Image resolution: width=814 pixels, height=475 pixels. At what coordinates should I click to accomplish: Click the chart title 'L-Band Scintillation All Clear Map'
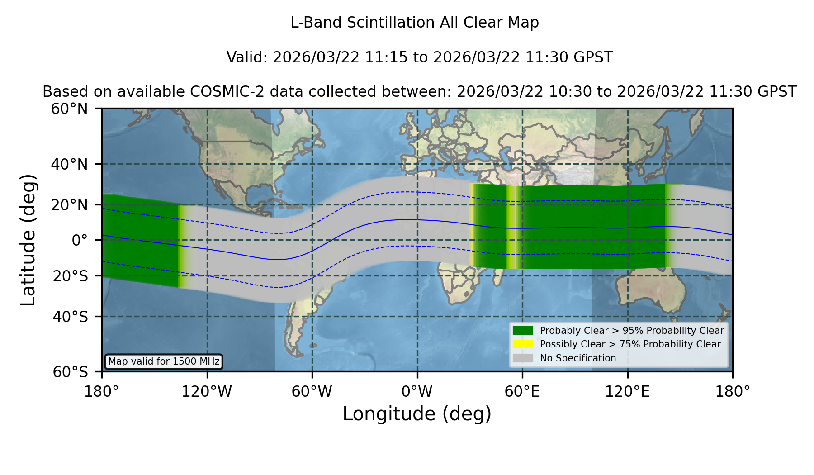(x=415, y=23)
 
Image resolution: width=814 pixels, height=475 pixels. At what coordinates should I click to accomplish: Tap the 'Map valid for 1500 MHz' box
(x=164, y=361)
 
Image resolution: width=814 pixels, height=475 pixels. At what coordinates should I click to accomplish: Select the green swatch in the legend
(x=523, y=331)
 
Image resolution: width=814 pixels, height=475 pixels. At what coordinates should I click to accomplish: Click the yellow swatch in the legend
(x=523, y=344)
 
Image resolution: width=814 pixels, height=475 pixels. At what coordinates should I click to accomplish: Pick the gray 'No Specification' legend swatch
(x=523, y=358)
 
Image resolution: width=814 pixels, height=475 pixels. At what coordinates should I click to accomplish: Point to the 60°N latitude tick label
(x=69, y=109)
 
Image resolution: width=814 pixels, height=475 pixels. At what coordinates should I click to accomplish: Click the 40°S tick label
(x=70, y=317)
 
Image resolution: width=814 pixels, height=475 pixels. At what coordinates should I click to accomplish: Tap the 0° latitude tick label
(x=80, y=240)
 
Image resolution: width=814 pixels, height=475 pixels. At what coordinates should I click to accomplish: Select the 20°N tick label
(x=69, y=205)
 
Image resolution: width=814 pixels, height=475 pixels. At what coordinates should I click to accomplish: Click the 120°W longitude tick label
(x=207, y=392)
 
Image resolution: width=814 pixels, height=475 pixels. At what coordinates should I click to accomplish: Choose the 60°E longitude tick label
(x=522, y=392)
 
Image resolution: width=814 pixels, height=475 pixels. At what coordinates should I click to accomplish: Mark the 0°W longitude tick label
(x=417, y=392)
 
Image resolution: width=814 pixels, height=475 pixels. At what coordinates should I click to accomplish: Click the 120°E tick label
(x=627, y=392)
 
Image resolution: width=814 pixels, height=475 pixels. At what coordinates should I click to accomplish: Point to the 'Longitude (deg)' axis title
(x=417, y=414)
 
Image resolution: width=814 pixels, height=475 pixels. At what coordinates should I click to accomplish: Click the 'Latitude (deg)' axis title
(x=28, y=240)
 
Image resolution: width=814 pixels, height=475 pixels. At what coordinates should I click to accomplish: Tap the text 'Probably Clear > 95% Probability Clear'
(x=632, y=331)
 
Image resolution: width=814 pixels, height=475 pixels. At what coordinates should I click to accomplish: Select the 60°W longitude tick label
(x=312, y=392)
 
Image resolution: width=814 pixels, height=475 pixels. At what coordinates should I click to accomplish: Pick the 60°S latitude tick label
(x=70, y=372)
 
